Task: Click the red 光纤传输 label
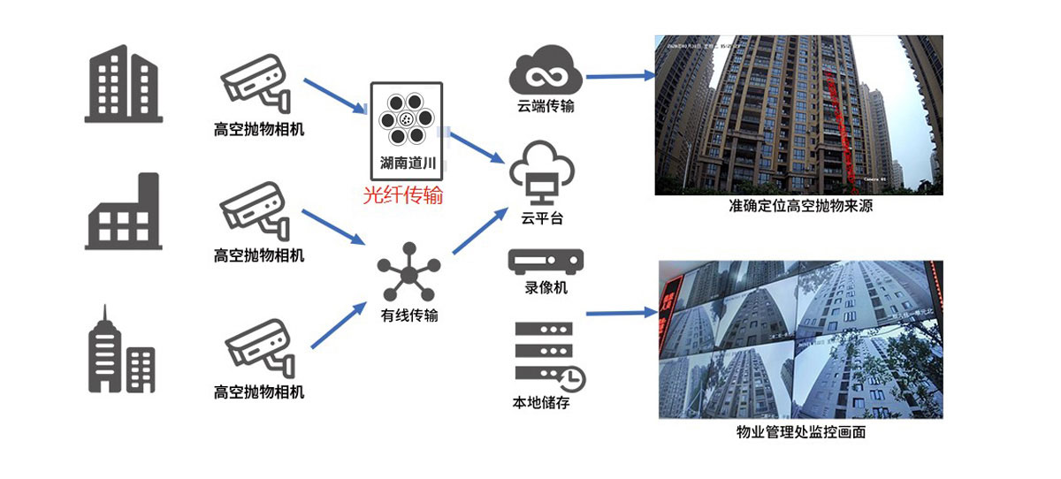click(x=402, y=195)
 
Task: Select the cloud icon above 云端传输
click(x=545, y=73)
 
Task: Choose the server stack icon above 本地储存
click(x=549, y=353)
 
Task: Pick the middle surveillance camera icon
click(x=255, y=212)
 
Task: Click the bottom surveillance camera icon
click(x=255, y=347)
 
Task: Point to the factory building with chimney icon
click(x=123, y=211)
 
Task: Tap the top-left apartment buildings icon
click(x=124, y=83)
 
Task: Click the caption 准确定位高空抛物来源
click(x=801, y=207)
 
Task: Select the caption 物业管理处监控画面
click(x=800, y=433)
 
